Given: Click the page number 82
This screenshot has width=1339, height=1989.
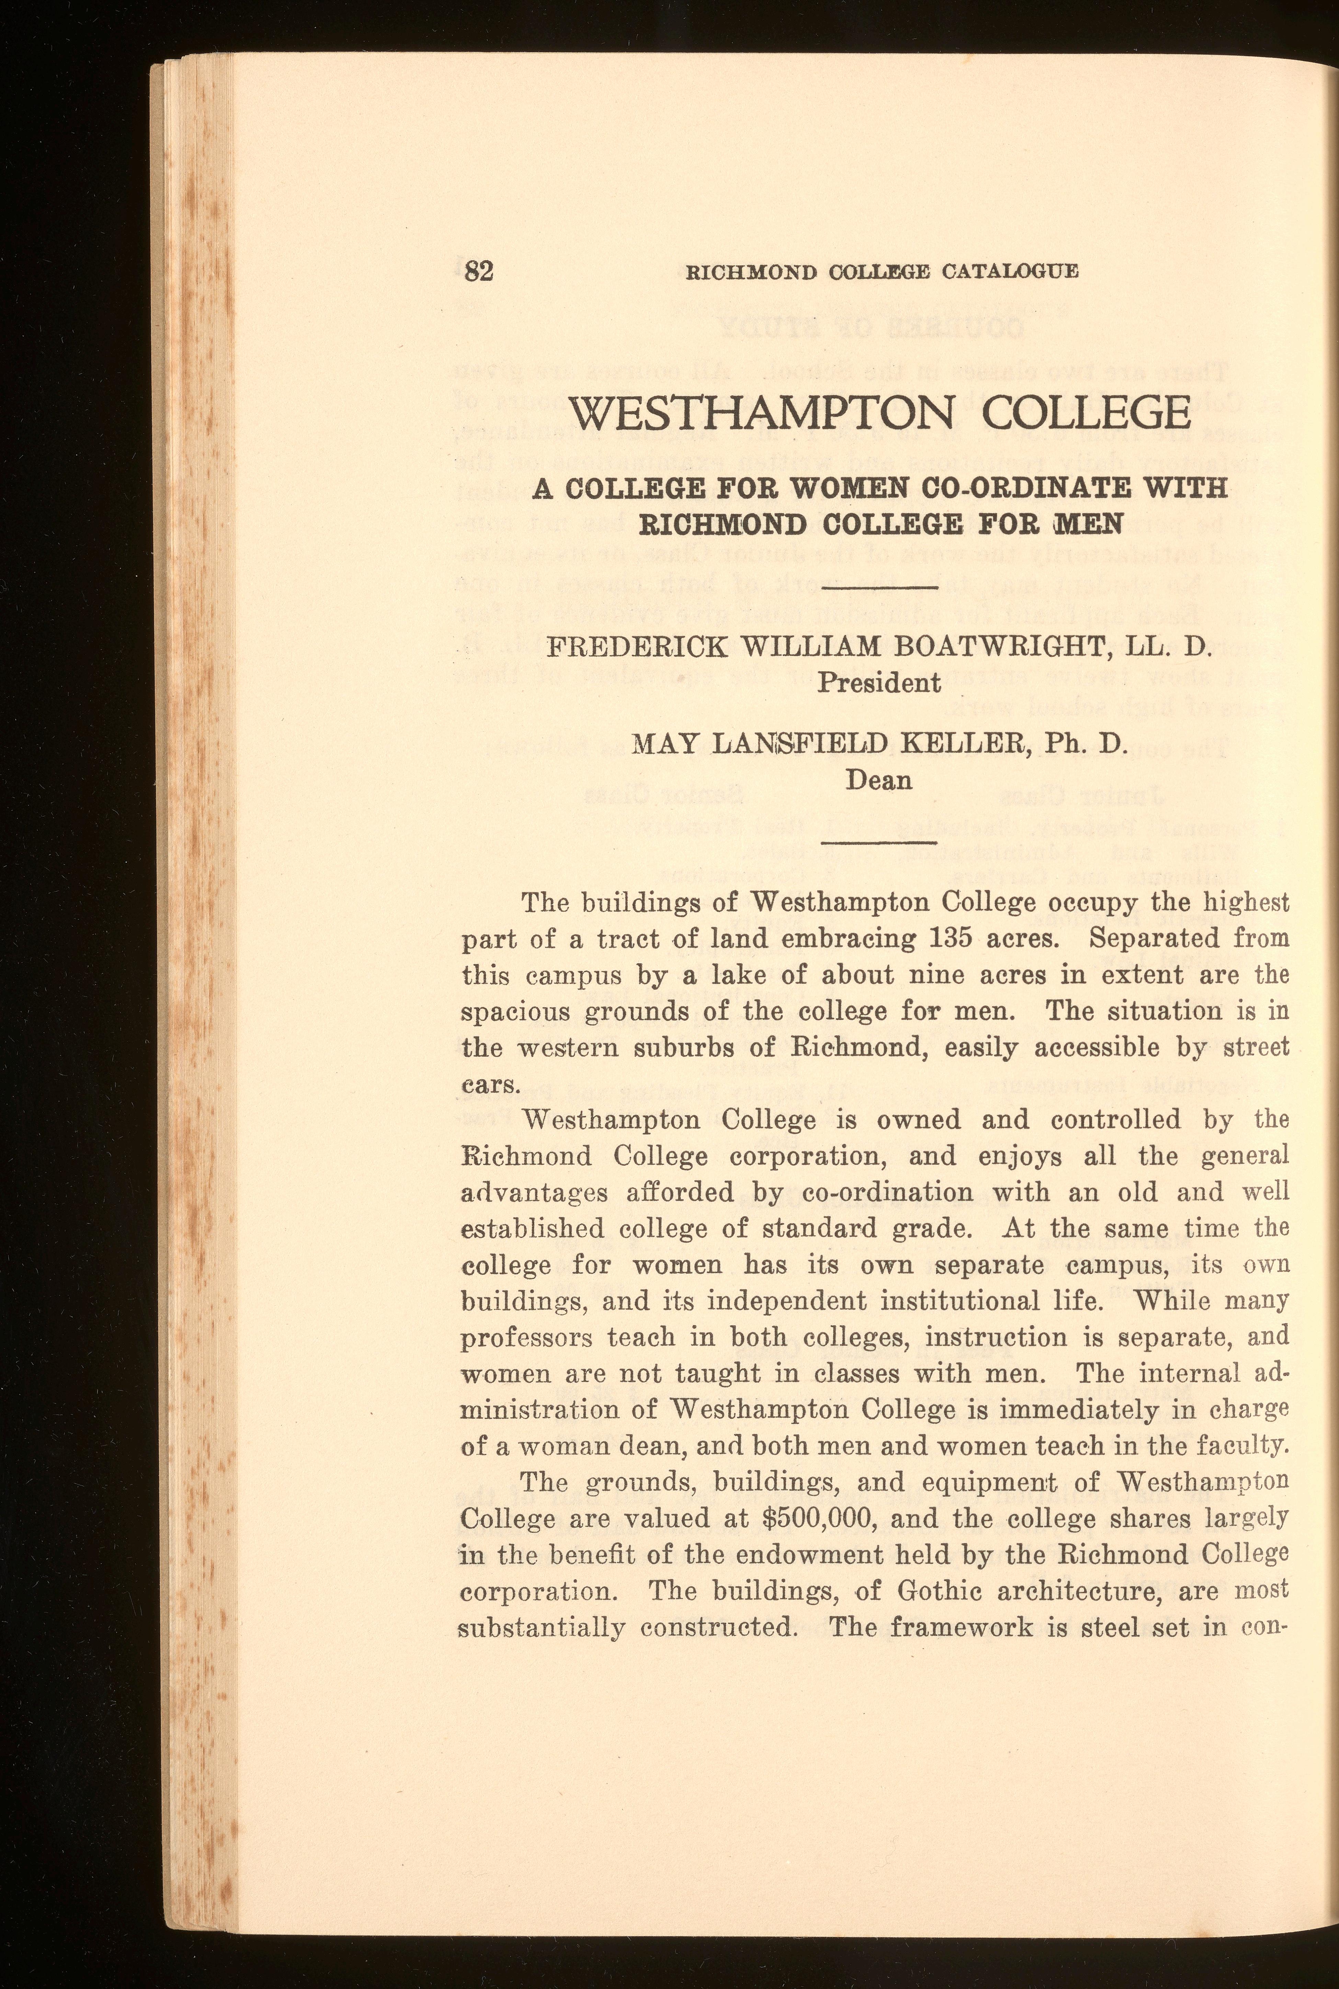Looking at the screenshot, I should pyautogui.click(x=478, y=272).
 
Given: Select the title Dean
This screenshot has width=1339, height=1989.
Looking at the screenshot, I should pyautogui.click(x=879, y=780).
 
